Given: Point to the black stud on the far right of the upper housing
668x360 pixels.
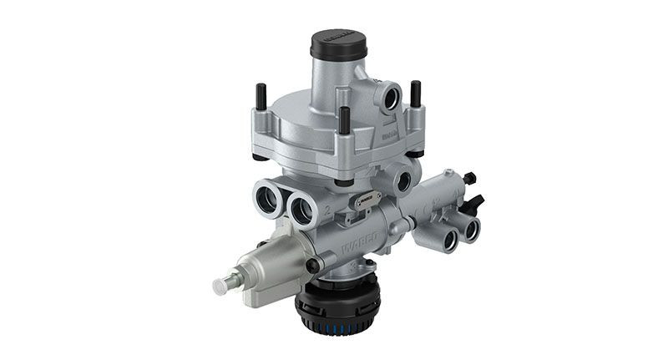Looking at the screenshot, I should [414, 93].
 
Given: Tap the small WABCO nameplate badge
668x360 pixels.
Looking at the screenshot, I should [366, 199].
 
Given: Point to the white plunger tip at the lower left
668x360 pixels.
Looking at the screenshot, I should [221, 286].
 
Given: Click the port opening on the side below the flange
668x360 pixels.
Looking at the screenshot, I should [407, 178].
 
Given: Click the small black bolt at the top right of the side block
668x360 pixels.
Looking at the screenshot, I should [468, 177].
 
